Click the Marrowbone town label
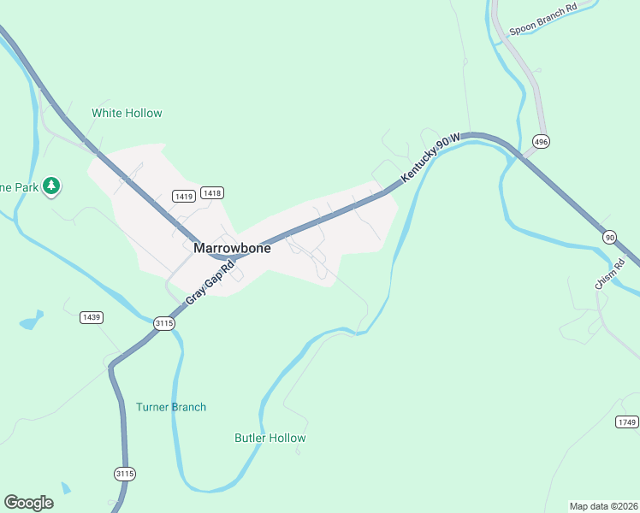[232, 249]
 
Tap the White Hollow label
[127, 113]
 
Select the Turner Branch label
[171, 407]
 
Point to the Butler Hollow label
[270, 438]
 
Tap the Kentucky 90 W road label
[431, 155]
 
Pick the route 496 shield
[540, 140]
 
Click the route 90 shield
[609, 236]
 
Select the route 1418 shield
[211, 193]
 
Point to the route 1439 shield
[92, 317]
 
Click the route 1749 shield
[627, 422]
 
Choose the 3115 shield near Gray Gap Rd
[164, 322]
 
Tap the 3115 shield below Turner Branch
[125, 473]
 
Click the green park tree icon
[51, 185]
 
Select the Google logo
[28, 503]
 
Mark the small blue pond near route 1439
[32, 322]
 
